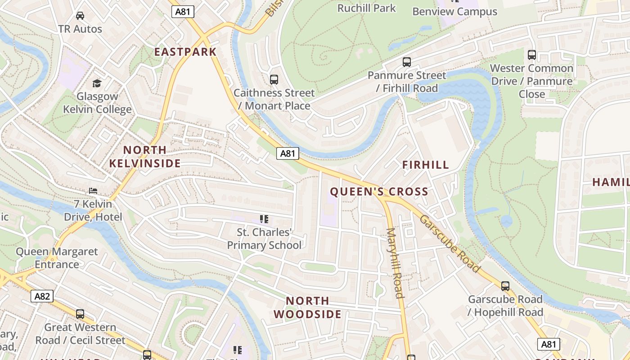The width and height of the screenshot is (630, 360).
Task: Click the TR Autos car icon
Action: [80, 16]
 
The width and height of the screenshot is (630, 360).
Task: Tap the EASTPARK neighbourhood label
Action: [185, 52]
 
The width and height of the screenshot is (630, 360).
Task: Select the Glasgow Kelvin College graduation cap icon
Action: [97, 83]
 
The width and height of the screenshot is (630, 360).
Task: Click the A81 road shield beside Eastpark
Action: [183, 12]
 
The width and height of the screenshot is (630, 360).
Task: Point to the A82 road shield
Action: [42, 296]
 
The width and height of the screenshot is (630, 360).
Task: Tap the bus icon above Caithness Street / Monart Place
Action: [274, 80]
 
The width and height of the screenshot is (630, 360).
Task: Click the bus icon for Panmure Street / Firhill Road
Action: [407, 62]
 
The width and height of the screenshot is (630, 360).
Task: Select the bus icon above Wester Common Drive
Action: [532, 55]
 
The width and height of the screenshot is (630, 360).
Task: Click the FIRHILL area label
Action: [426, 165]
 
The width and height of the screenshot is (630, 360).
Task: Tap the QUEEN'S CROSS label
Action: [379, 192]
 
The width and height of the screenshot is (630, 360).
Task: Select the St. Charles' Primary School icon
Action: [264, 219]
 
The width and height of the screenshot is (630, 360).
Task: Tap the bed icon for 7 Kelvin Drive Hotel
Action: [93, 191]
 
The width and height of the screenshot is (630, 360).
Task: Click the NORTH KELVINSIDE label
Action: [145, 157]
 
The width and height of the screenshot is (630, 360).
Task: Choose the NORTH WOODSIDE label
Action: [308, 307]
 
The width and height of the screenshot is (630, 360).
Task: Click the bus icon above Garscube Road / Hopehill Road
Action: [505, 286]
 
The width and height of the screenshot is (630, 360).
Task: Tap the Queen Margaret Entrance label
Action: [57, 258]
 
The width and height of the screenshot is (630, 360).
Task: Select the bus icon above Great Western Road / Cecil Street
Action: [80, 314]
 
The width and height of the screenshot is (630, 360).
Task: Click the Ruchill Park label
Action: [367, 8]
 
